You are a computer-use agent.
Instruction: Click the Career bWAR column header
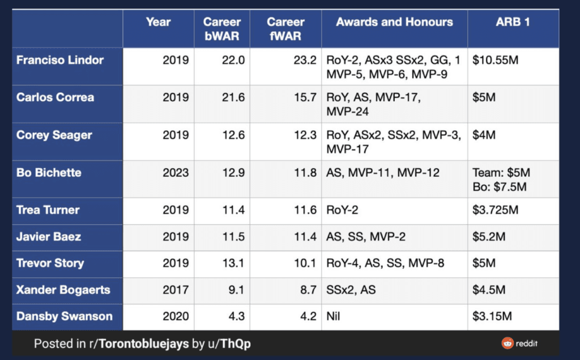(222, 29)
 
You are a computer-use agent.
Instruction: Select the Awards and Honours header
(394, 23)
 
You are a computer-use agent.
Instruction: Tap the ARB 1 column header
(513, 23)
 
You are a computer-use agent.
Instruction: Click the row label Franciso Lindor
(60, 60)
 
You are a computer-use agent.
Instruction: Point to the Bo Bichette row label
(49, 173)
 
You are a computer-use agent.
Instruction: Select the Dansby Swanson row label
(64, 316)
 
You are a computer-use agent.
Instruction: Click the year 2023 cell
(176, 173)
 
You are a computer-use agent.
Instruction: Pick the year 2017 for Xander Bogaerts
(176, 290)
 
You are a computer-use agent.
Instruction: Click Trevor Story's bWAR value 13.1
(233, 263)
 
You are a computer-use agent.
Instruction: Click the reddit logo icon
(507, 343)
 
